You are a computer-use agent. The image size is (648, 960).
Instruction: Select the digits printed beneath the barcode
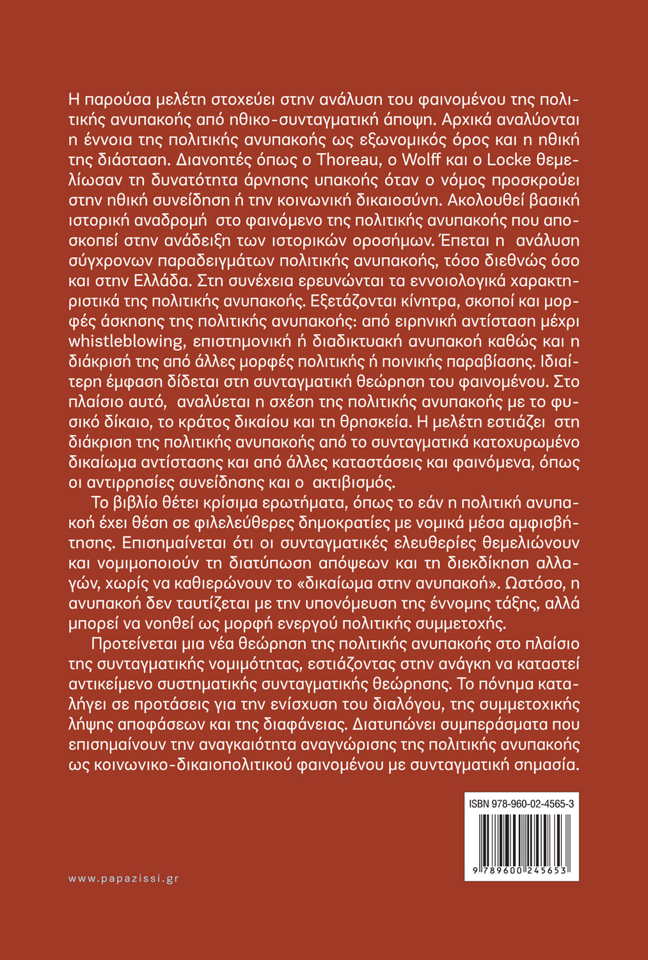click(521, 872)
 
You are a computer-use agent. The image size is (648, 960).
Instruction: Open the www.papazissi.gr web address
click(123, 879)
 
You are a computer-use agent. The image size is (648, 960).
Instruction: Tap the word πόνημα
click(500, 683)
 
